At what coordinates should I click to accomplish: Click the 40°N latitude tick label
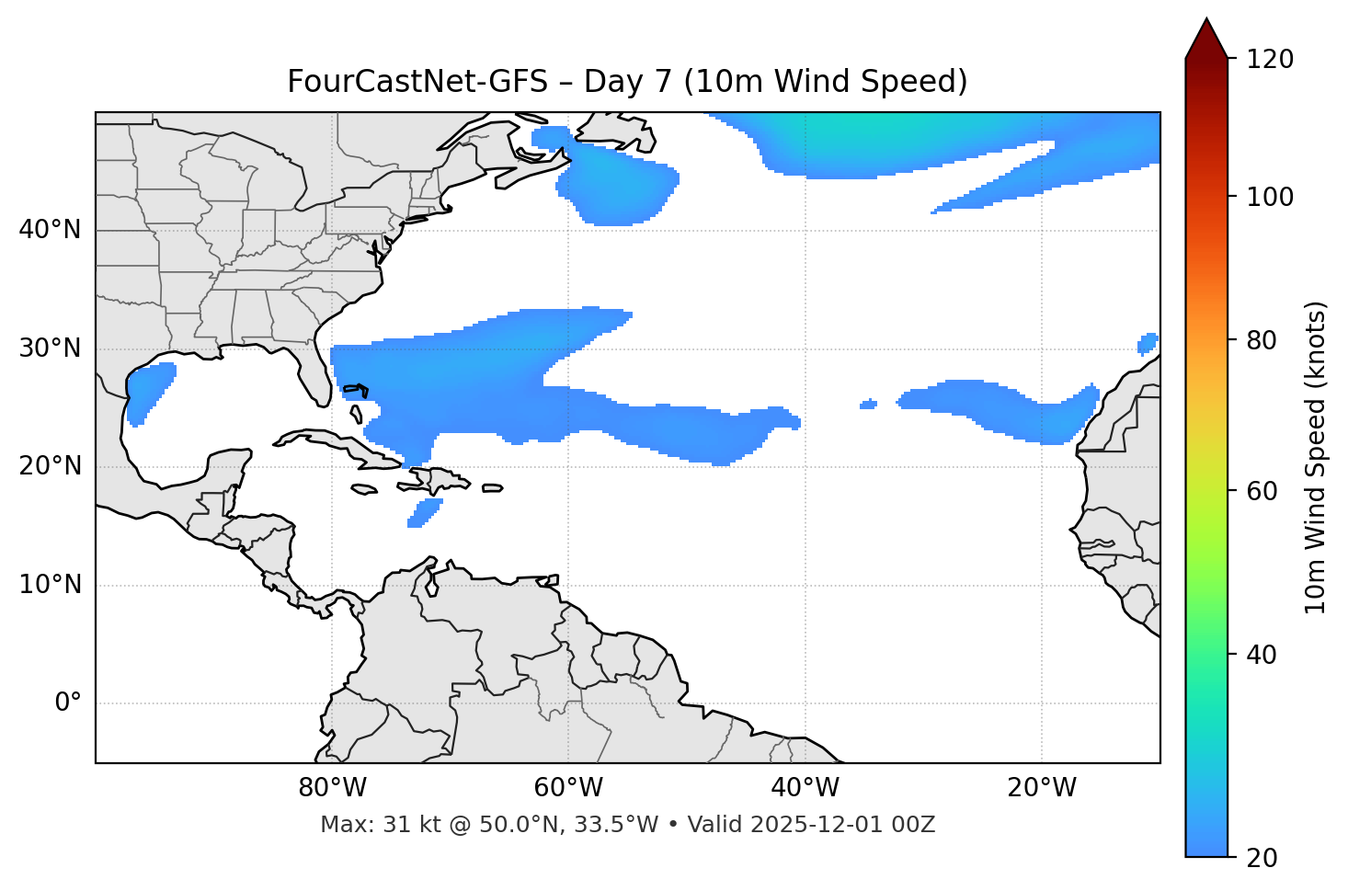pos(50,230)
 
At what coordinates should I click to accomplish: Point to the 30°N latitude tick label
pos(50,348)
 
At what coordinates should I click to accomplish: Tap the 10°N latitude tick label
pos(50,585)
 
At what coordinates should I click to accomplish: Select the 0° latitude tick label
pos(68,703)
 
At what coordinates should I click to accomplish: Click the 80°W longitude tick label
pos(332,788)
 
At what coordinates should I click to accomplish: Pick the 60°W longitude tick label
pos(568,788)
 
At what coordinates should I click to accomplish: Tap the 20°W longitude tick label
pos(1042,788)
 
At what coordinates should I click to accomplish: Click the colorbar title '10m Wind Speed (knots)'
pos(1316,457)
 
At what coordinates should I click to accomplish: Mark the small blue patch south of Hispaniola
pos(425,512)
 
